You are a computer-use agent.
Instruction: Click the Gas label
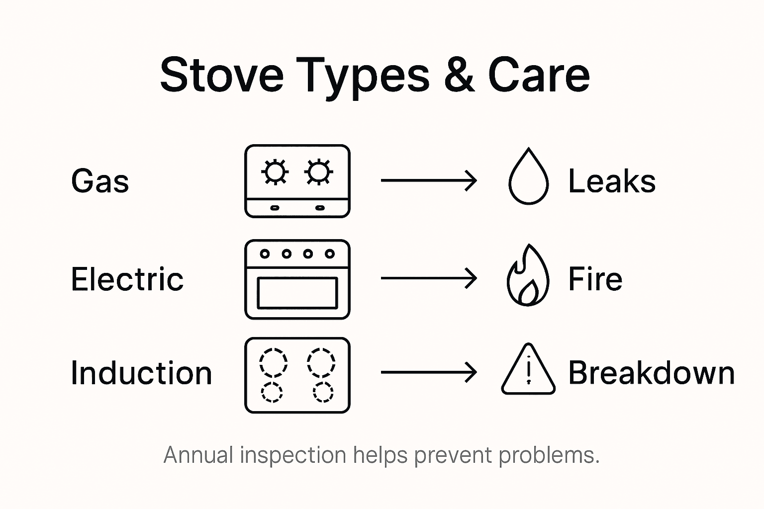[x=100, y=181]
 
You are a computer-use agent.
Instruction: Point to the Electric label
[x=127, y=279]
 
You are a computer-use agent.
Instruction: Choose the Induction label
[x=141, y=373]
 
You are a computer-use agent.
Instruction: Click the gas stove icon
[x=297, y=181]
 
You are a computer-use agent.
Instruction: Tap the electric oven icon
[x=297, y=279]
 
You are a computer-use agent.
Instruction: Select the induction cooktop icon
[x=297, y=375]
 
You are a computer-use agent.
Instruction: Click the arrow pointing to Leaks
[x=429, y=180]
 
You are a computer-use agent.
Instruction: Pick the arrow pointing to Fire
[x=429, y=278]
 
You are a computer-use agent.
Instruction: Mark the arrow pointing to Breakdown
[x=429, y=372]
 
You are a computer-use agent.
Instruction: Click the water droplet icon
[x=528, y=177]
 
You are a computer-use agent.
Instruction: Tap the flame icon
[x=528, y=275]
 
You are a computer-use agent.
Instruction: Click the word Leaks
[x=612, y=181]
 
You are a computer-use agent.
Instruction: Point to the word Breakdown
[x=651, y=373]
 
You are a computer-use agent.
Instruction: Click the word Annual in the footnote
[x=198, y=455]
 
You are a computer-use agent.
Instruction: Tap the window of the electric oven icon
[x=297, y=293]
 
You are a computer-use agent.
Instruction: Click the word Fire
[x=595, y=279]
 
